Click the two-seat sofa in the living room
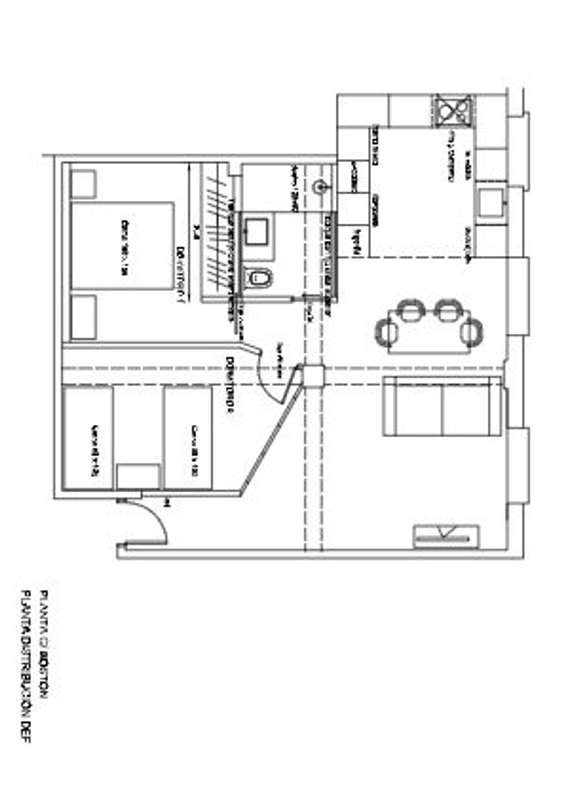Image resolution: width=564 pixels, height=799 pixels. point(442,406)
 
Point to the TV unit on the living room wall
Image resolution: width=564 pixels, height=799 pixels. point(446,537)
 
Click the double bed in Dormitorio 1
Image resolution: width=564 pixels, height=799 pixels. point(123,246)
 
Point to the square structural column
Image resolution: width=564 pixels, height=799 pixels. point(314,376)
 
